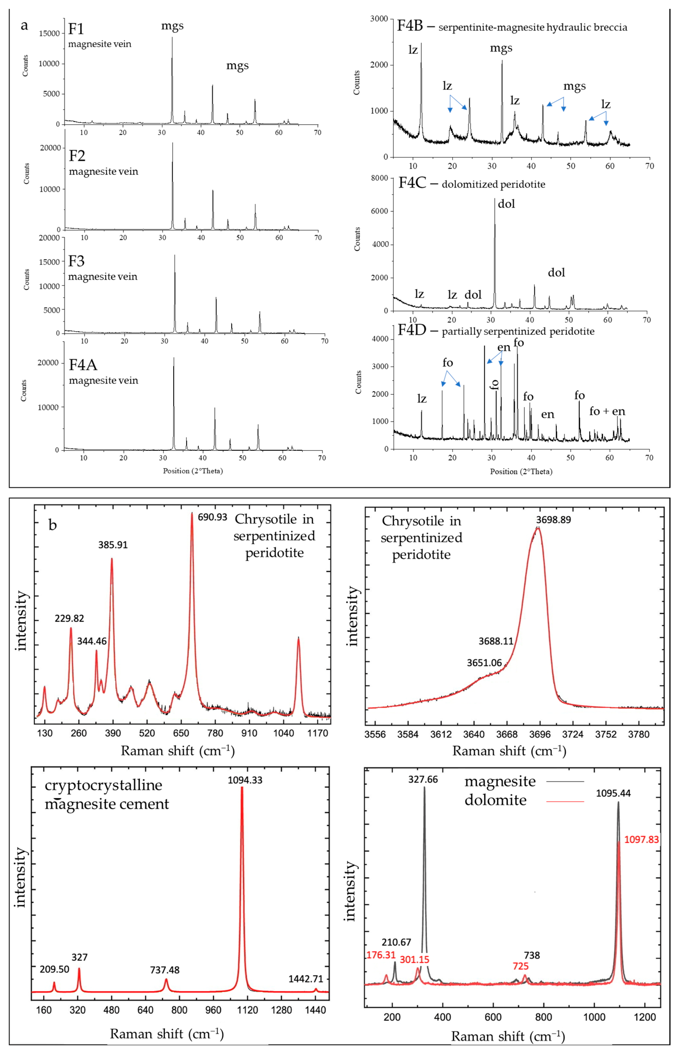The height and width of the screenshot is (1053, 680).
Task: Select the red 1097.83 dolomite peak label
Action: (x=641, y=839)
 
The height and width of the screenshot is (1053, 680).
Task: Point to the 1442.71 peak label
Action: (x=306, y=979)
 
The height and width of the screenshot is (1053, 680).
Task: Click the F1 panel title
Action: (x=76, y=29)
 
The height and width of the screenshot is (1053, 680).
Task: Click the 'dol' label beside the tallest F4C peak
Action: (x=506, y=204)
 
